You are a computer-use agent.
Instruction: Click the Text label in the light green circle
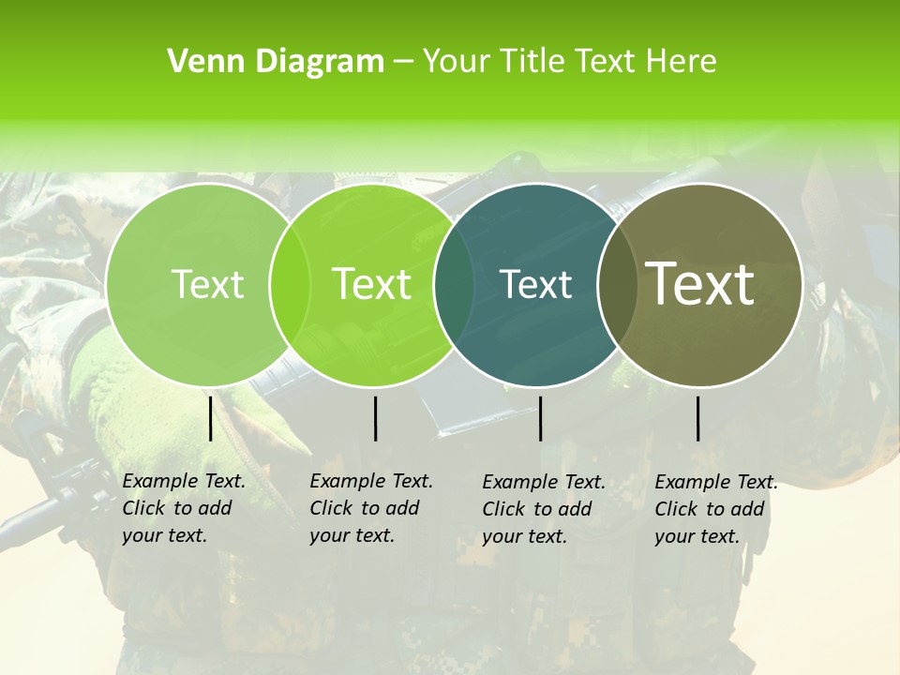pyautogui.click(x=207, y=284)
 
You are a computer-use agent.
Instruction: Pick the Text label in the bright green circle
pyautogui.click(x=371, y=284)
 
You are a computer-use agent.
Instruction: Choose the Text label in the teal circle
pyautogui.click(x=535, y=284)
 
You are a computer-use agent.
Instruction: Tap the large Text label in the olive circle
pyautogui.click(x=700, y=283)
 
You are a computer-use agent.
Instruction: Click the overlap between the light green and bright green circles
pyautogui.click(x=290, y=284)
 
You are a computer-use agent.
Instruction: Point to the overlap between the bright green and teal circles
pyautogui.click(x=454, y=284)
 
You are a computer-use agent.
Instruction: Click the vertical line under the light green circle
pyautogui.click(x=210, y=418)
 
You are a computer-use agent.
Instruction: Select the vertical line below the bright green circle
pyautogui.click(x=375, y=418)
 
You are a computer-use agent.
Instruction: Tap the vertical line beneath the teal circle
pyautogui.click(x=540, y=418)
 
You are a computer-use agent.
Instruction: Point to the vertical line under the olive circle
pyautogui.click(x=698, y=418)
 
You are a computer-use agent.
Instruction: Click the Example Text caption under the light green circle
pyautogui.click(x=184, y=508)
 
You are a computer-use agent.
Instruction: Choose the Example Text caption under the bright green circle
pyautogui.click(x=371, y=508)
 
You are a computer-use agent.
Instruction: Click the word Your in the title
pyautogui.click(x=457, y=62)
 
